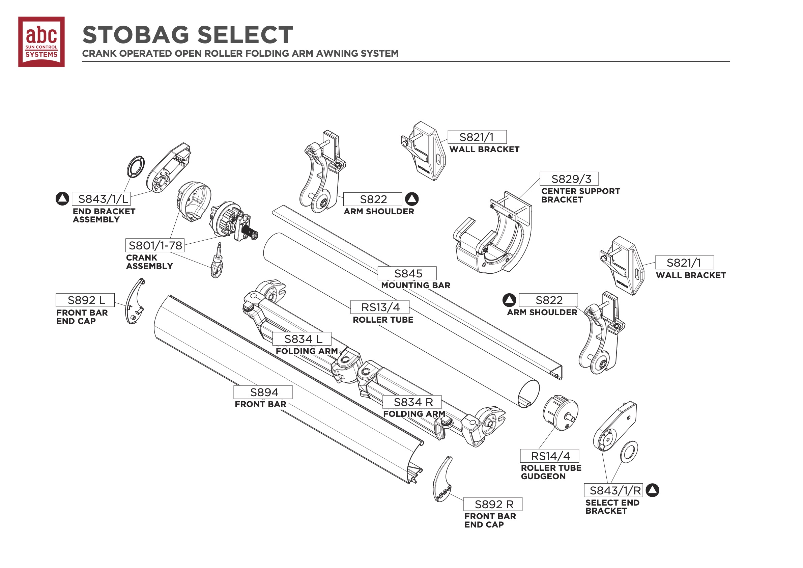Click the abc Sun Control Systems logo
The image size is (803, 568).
41,42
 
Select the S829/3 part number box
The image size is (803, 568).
569,179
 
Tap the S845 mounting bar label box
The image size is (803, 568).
407,273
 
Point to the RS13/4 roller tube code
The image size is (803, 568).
380,307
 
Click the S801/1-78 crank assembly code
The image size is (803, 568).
155,245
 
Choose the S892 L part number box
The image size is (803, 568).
85,300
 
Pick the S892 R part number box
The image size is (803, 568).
493,504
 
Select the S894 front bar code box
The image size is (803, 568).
263,392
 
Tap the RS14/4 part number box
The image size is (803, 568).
549,456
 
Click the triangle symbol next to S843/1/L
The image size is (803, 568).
62,199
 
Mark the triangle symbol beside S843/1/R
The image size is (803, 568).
652,490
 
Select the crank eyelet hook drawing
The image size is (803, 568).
217,263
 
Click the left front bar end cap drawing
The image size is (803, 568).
135,302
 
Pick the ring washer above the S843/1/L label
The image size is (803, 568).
136,167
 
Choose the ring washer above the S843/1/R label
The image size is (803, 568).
629,452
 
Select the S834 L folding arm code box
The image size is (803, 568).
302,339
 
